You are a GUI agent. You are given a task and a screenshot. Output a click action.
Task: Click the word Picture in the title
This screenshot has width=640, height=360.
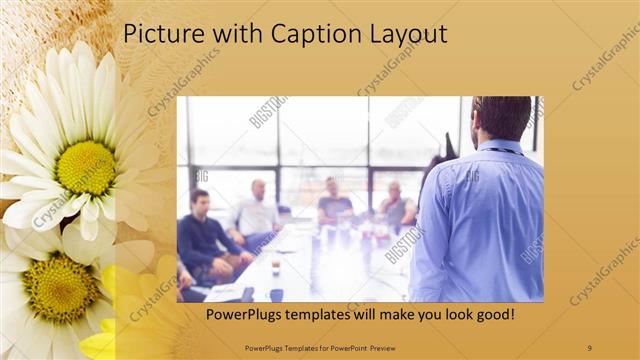[x=158, y=35]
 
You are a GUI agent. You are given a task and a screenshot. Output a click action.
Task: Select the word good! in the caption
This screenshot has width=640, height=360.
[x=494, y=315]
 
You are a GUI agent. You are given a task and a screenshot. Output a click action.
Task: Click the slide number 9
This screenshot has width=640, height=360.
[x=589, y=347]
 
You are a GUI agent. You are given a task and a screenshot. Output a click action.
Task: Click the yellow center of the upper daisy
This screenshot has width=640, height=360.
[x=86, y=167]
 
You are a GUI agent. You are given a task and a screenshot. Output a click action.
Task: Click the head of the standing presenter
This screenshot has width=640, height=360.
[x=502, y=118]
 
